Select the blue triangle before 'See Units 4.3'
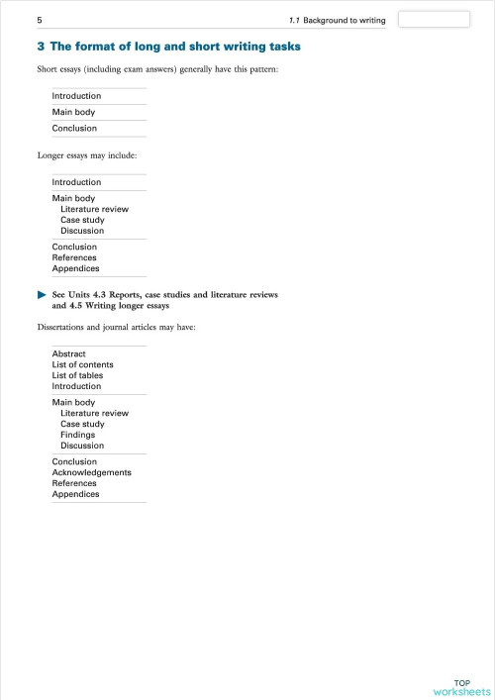coord(42,295)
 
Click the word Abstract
coord(68,353)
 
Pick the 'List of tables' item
coord(77,375)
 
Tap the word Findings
coord(79,435)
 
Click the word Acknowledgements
coord(91,472)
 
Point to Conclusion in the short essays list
coord(74,128)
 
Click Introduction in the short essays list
coord(76,96)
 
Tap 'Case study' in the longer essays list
coord(82,220)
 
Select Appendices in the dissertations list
coord(75,494)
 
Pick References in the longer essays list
coord(74,257)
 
